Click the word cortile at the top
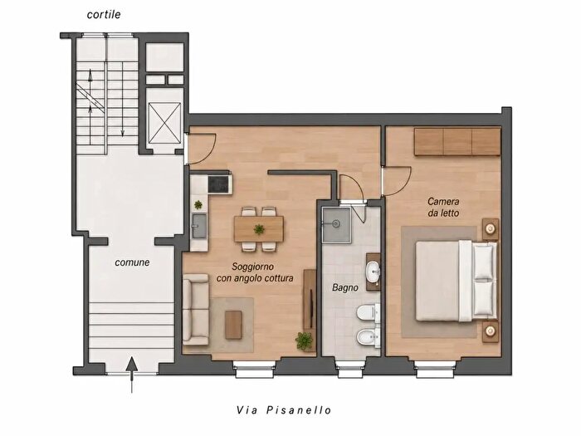point(104,14)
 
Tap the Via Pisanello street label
point(284,410)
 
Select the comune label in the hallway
point(132,262)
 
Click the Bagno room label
point(345,287)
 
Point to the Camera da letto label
point(443,208)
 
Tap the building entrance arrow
point(131,375)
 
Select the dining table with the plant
point(259,229)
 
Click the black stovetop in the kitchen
point(220,184)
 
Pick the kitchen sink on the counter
point(199,226)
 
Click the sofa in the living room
point(196,310)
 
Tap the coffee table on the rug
point(233,325)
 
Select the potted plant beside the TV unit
point(305,340)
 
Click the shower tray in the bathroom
point(336,225)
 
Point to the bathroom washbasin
point(373,271)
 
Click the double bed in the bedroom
point(456,281)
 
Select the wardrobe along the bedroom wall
point(457,142)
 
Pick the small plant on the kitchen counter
point(198,204)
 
